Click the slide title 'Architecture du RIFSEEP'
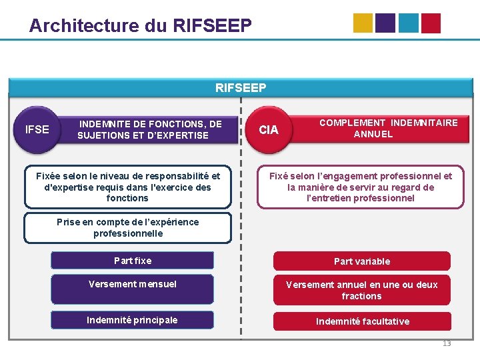click(141, 25)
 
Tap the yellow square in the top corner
click(363, 23)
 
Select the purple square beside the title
click(385, 23)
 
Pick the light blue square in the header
click(408, 23)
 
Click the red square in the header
click(431, 23)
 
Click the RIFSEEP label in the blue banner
click(241, 87)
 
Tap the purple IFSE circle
click(37, 129)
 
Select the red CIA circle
click(269, 129)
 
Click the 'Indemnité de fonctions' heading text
click(150, 129)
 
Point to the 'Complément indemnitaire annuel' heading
click(388, 128)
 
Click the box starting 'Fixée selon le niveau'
click(127, 187)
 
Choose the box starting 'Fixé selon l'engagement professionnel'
click(361, 187)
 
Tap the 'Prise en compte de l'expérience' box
click(127, 228)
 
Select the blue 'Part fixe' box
click(133, 261)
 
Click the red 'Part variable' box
click(362, 261)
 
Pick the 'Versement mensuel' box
click(133, 284)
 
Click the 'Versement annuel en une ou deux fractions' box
click(362, 290)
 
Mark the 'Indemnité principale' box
click(132, 320)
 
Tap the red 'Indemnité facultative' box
click(363, 321)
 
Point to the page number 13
click(447, 343)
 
